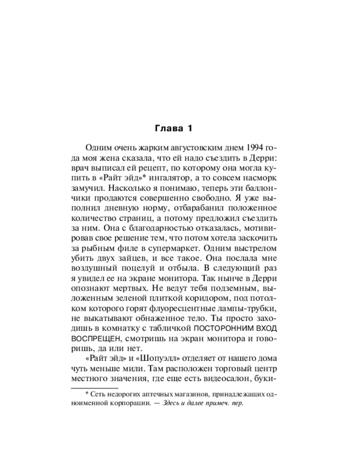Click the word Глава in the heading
click(166, 129)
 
